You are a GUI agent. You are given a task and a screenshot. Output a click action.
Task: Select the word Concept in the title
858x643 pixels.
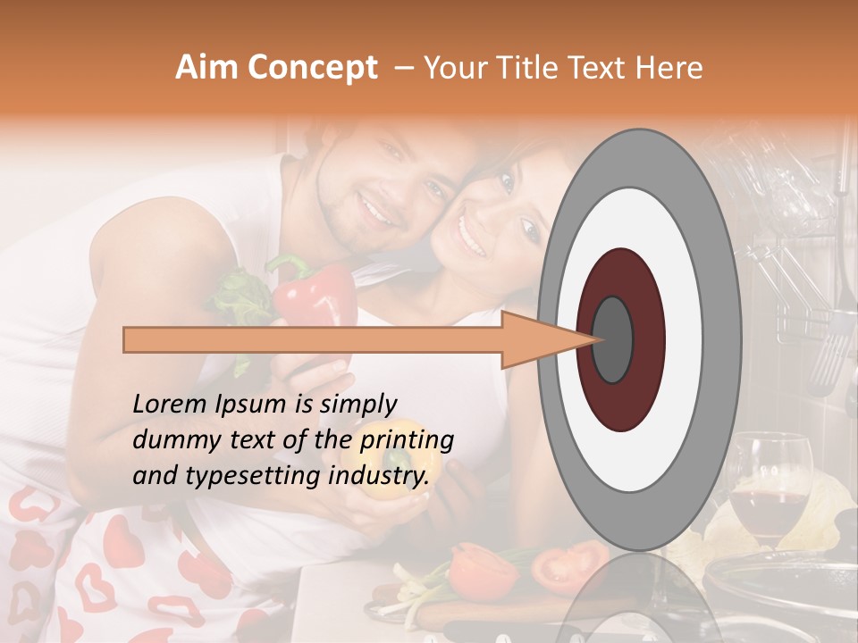tap(312, 69)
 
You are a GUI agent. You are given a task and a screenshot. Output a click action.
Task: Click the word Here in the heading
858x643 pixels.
tap(670, 68)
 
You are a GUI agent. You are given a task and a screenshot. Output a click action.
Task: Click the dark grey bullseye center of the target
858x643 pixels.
tap(613, 339)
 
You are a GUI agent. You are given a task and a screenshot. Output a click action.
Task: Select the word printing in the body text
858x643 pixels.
tap(407, 440)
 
